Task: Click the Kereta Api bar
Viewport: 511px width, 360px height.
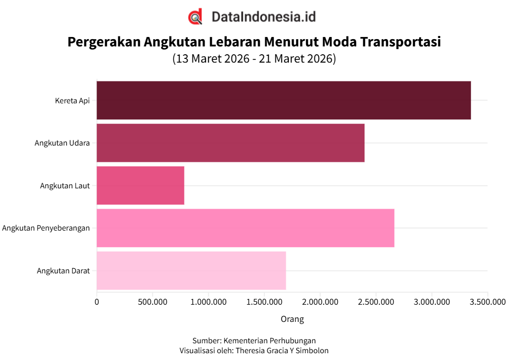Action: click(x=284, y=100)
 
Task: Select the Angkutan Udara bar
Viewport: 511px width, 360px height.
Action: click(x=230, y=143)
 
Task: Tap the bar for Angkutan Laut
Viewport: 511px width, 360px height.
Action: click(x=140, y=186)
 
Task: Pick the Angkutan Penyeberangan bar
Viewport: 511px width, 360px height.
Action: click(x=245, y=228)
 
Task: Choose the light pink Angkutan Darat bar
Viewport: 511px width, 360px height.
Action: click(x=191, y=271)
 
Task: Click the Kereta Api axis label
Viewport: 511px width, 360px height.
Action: click(x=72, y=101)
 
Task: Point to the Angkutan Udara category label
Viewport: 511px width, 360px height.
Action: click(x=62, y=143)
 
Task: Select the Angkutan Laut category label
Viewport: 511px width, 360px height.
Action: click(x=65, y=186)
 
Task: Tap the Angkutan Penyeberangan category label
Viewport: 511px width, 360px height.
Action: click(x=46, y=228)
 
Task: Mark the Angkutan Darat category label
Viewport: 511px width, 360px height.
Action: click(x=63, y=271)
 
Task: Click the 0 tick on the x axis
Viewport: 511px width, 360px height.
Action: click(x=96, y=302)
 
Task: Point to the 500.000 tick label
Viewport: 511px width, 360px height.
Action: click(x=152, y=302)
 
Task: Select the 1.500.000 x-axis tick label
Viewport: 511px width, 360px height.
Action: click(x=264, y=302)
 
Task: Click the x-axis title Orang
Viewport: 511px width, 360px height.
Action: click(x=292, y=319)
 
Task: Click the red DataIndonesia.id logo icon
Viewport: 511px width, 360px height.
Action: click(x=195, y=17)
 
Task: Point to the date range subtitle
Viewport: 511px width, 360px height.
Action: click(x=254, y=59)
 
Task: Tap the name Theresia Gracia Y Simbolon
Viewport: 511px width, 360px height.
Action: click(x=282, y=351)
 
